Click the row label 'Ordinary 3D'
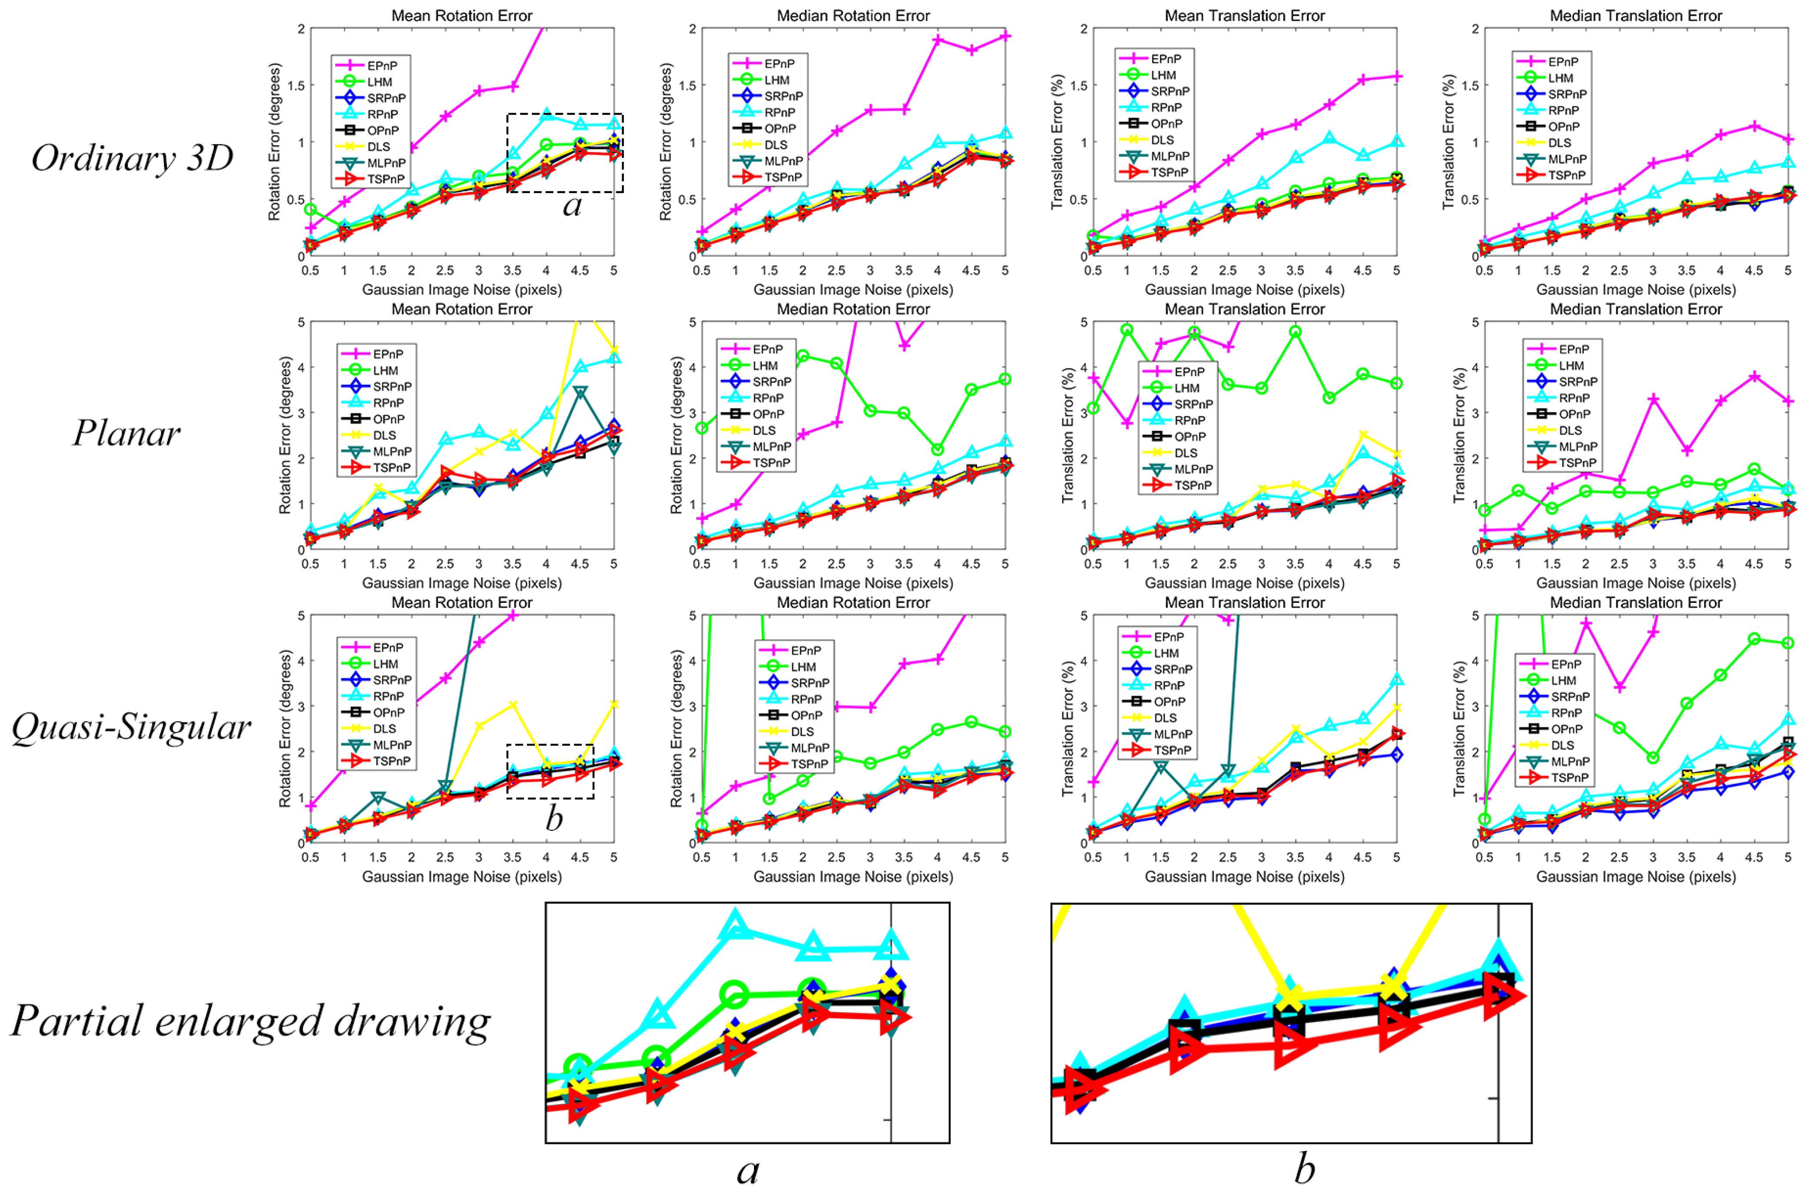point(132,158)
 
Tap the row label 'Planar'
point(126,433)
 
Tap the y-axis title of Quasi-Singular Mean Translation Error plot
point(1067,728)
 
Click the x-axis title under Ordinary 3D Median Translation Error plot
point(1636,290)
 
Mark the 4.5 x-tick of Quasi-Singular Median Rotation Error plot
point(971,857)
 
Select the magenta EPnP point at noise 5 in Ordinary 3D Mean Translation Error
point(1396,76)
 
